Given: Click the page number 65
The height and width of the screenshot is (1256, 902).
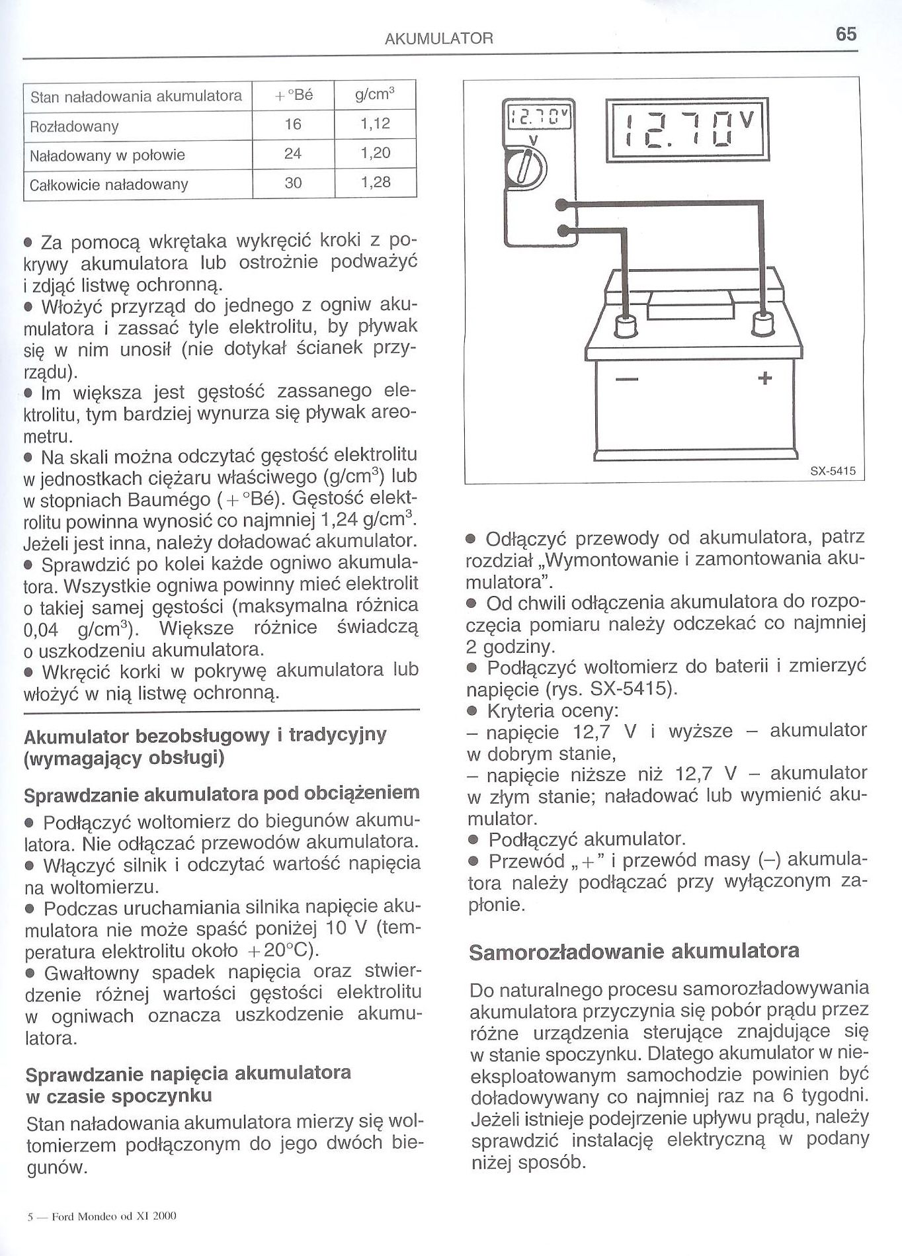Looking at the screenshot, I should tap(846, 34).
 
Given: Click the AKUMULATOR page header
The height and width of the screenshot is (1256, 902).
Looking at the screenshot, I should tap(438, 38).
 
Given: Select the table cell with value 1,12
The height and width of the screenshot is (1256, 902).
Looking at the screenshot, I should tap(376, 124).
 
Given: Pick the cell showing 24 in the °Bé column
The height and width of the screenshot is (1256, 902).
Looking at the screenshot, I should tap(293, 153).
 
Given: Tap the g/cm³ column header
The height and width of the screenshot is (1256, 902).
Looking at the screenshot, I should tap(375, 95).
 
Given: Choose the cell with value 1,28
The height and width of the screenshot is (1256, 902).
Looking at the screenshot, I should tap(376, 182).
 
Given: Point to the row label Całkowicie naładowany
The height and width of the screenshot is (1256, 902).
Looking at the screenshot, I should tap(110, 185).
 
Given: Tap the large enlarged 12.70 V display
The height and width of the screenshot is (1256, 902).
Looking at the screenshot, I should tap(687, 130).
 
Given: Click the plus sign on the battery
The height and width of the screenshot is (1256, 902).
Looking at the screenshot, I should tap(764, 378).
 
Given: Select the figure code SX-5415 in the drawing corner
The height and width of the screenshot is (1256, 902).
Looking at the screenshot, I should tap(833, 471).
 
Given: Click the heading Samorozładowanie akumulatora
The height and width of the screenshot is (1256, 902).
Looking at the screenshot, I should tap(634, 951).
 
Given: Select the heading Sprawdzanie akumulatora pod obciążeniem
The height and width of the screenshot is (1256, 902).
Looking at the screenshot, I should tap(222, 793).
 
